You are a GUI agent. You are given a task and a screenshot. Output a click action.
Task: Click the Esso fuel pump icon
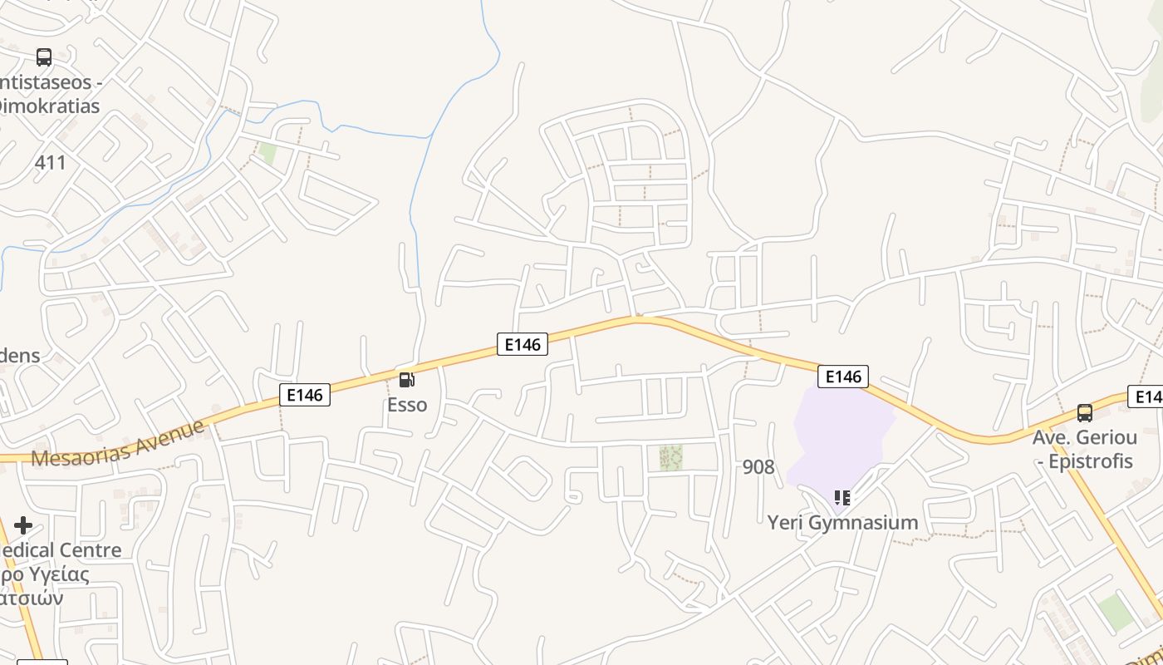[x=407, y=380]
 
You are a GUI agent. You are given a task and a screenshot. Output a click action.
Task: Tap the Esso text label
[x=407, y=405]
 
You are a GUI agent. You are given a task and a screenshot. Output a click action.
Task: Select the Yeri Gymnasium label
[x=842, y=523]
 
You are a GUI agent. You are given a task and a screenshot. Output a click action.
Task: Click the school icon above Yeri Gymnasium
[x=842, y=498]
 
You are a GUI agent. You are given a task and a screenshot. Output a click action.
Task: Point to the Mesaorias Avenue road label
[x=117, y=444]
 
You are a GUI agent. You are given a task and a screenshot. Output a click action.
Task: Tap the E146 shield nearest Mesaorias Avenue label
[x=305, y=394]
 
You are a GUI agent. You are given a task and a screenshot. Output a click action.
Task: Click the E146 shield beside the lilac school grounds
[x=843, y=377]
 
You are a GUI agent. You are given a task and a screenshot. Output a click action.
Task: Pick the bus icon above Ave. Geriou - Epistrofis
[x=1084, y=412]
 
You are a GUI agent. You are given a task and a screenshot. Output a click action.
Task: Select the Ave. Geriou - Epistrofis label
[x=1084, y=449]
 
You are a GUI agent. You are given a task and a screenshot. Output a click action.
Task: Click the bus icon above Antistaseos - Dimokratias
[x=44, y=57]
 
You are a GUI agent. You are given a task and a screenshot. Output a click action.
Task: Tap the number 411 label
[x=50, y=162]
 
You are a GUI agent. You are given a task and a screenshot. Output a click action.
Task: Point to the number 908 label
[x=758, y=467]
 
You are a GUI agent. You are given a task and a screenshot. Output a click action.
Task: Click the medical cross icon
[x=23, y=525]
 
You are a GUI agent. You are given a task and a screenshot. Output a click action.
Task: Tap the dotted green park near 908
[x=670, y=457]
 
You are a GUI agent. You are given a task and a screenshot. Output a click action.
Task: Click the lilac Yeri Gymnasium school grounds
[x=839, y=432]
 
